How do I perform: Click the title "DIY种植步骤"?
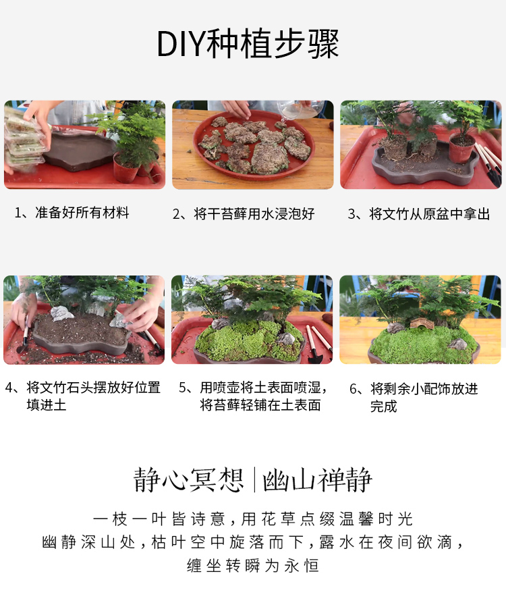248,44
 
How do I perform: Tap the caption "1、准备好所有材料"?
72,213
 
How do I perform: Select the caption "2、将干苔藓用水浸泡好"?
244,214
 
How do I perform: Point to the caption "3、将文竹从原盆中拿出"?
419,214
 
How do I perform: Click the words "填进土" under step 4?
47,405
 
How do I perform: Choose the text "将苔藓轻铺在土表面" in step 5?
260,405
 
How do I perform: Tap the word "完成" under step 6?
383,407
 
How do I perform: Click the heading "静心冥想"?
188,479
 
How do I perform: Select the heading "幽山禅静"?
318,479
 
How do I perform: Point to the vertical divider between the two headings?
254,479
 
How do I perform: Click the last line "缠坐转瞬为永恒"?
253,566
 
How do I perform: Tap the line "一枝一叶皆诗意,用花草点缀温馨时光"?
253,519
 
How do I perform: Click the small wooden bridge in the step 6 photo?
422,324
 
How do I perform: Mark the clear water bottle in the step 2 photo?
299,109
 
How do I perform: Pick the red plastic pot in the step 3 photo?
462,149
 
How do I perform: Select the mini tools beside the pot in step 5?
318,344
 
